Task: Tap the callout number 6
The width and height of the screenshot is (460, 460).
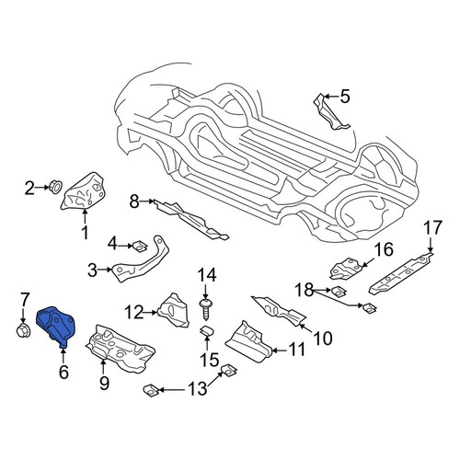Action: tap(63, 373)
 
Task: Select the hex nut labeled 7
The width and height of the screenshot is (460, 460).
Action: tap(22, 331)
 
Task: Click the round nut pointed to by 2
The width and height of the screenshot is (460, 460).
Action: tap(55, 187)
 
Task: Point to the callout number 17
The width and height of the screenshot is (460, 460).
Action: tap(432, 228)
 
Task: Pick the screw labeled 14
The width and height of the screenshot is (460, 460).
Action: tap(206, 309)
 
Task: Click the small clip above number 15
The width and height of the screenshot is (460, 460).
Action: tap(206, 331)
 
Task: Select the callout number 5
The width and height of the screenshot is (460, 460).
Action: tap(345, 97)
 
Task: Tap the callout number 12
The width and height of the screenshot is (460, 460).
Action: tap(133, 313)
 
